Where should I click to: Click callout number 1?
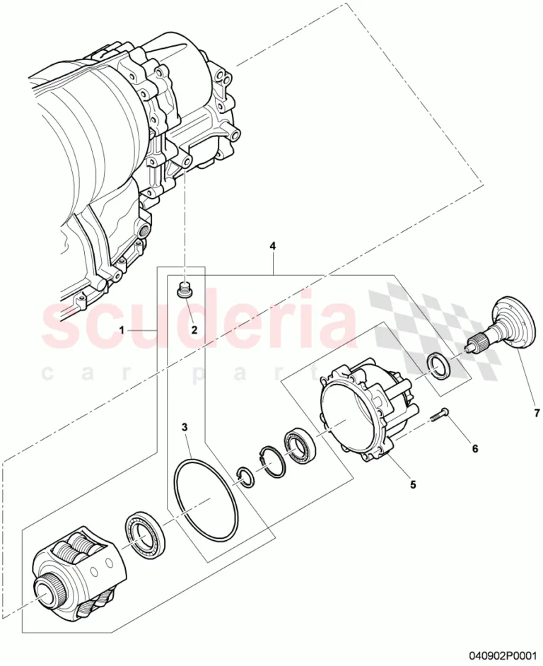click(122, 329)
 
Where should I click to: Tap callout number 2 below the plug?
click(194, 329)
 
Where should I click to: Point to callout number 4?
click(273, 245)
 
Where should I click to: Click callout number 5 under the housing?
click(413, 484)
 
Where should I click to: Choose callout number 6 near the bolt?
click(474, 448)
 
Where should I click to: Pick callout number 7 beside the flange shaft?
click(536, 412)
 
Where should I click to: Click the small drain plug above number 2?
click(185, 290)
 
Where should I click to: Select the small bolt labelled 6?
click(437, 414)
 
